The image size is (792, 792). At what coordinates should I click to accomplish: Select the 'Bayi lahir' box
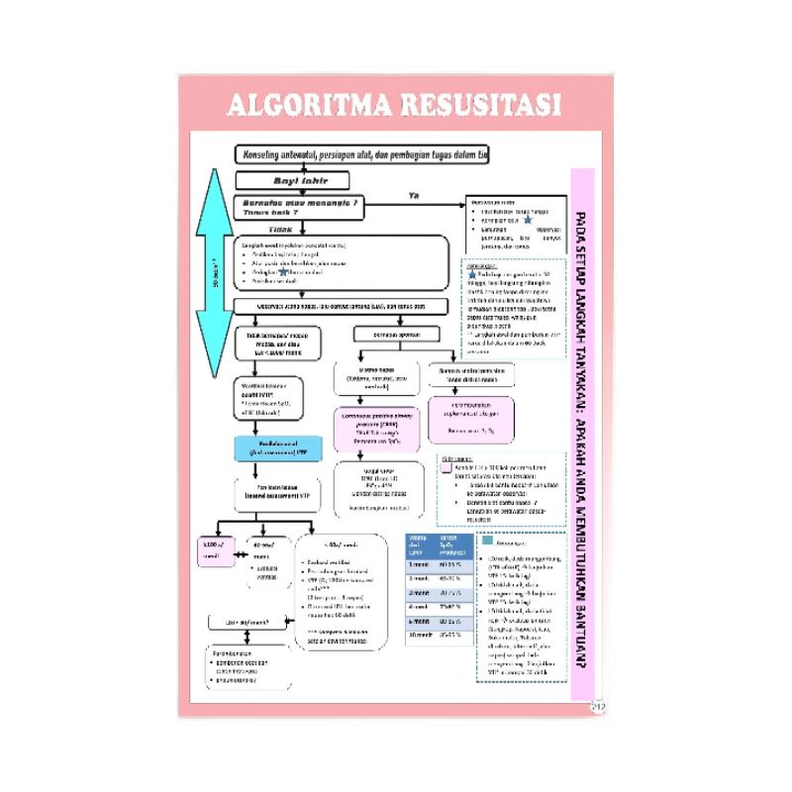pyautogui.click(x=293, y=180)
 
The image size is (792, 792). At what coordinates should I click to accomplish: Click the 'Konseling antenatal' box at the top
pyautogui.click(x=361, y=154)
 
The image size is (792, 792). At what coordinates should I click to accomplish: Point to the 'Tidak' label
pyautogui.click(x=281, y=229)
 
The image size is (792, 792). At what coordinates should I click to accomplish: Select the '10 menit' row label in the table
pyautogui.click(x=421, y=635)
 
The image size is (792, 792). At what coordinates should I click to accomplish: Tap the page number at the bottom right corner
pyautogui.click(x=596, y=705)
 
